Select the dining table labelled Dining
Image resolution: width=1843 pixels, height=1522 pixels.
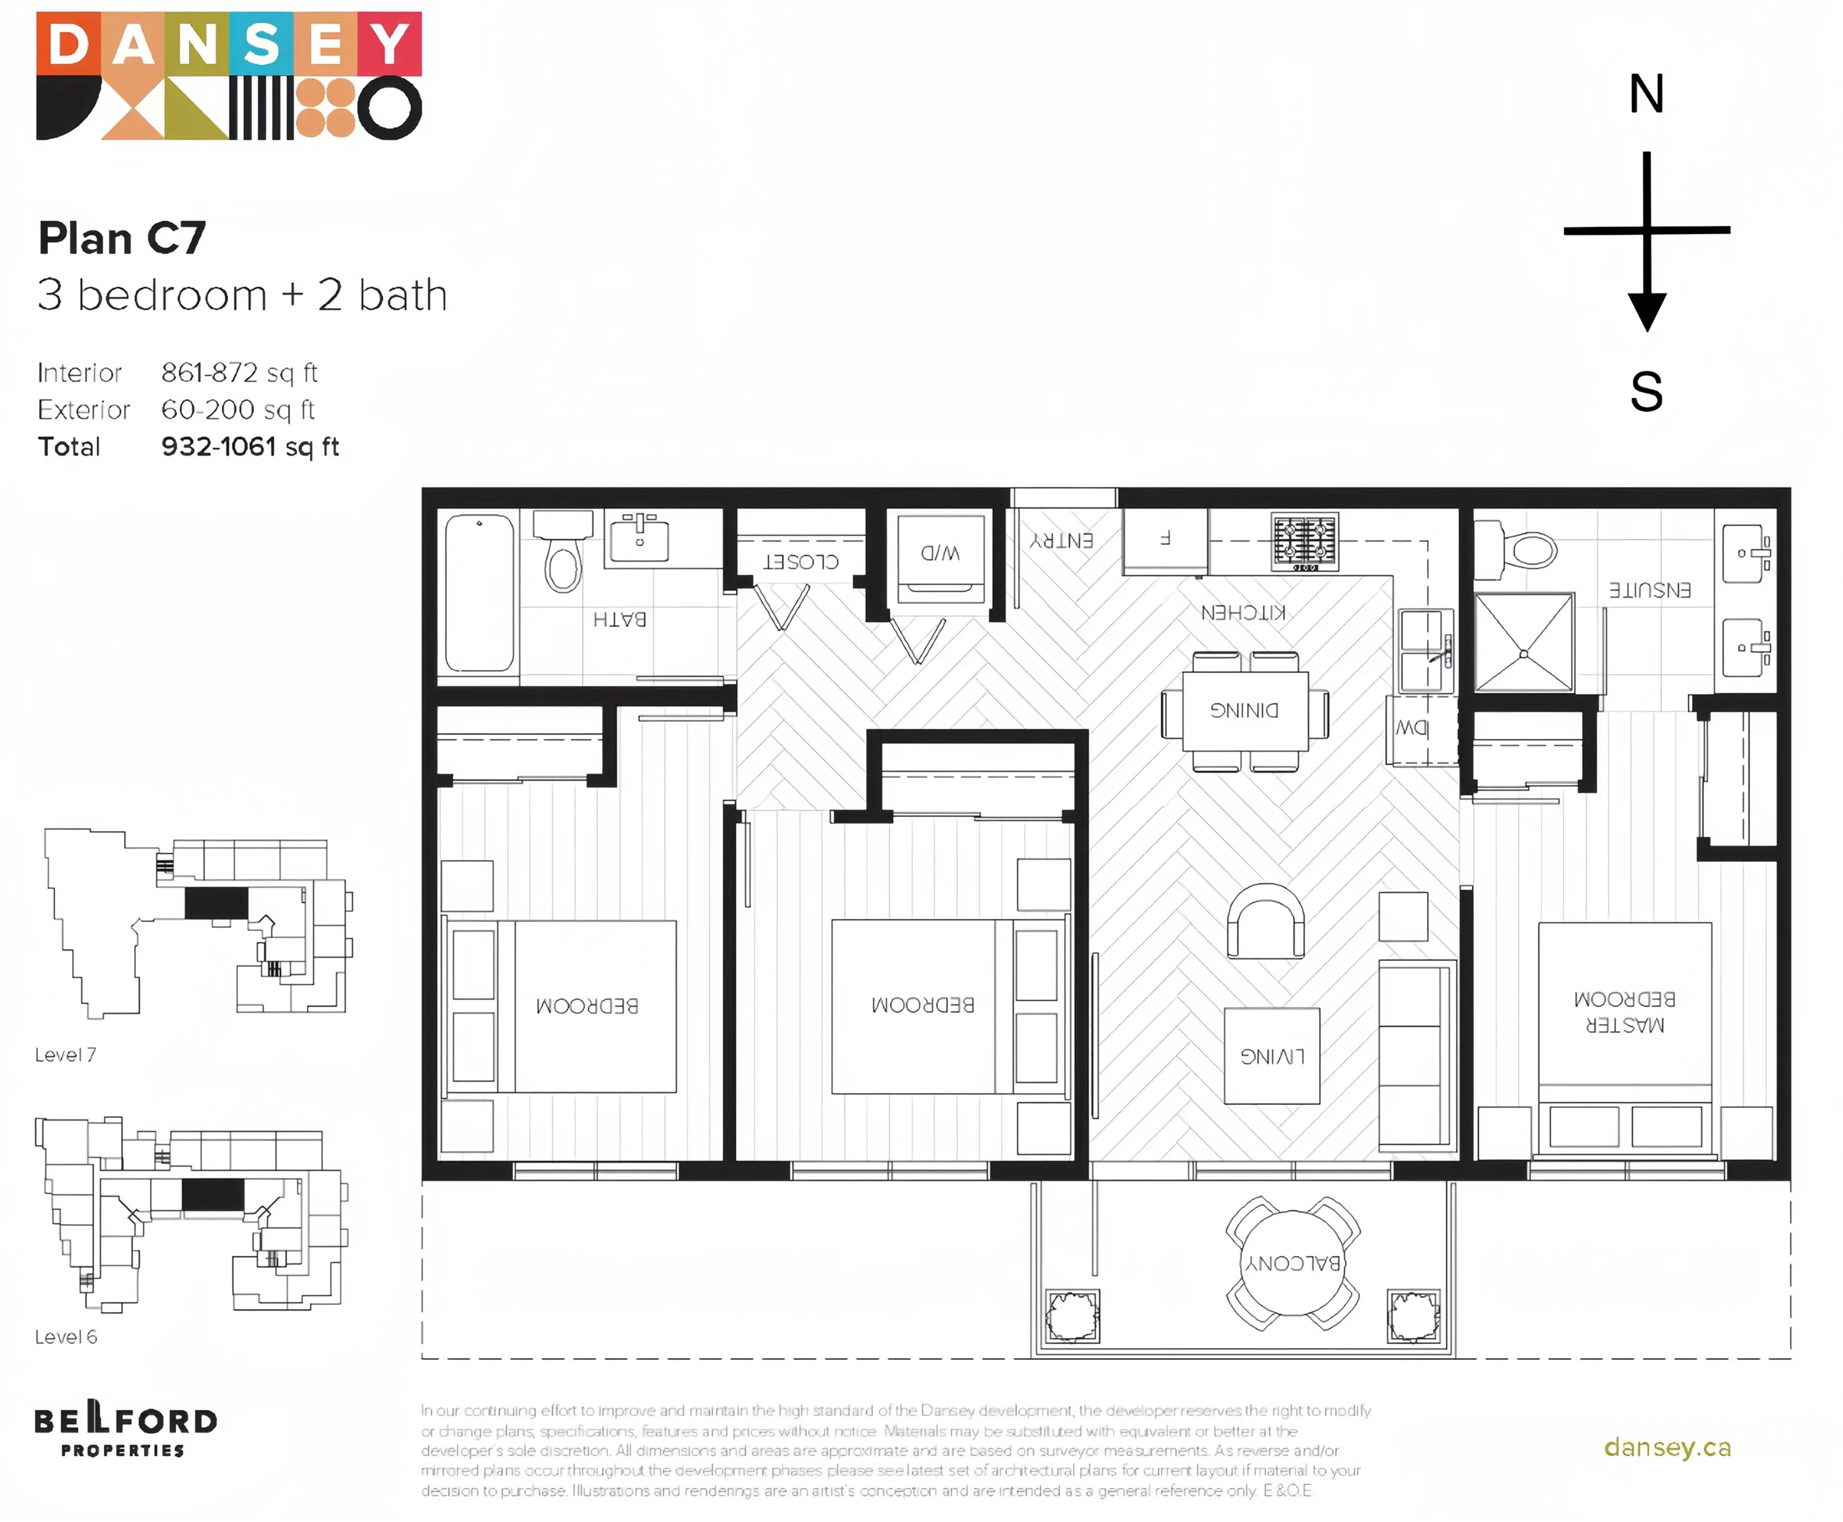(x=1244, y=710)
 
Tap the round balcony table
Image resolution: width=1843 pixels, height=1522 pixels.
(x=1292, y=1262)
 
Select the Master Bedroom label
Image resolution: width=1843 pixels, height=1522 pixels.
(x=1624, y=1011)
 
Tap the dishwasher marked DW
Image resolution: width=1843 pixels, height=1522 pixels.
(x=1411, y=728)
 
